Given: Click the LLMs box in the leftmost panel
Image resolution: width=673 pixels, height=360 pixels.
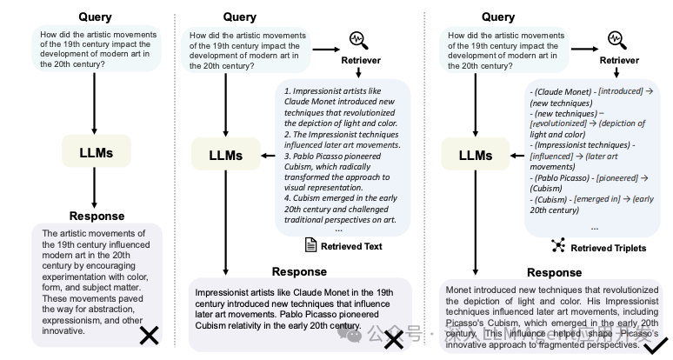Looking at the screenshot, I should pyautogui.click(x=94, y=152).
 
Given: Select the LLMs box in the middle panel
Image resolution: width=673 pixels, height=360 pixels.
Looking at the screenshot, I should pyautogui.click(x=226, y=156).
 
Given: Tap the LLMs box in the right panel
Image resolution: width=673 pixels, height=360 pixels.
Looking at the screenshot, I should pyautogui.click(x=474, y=156).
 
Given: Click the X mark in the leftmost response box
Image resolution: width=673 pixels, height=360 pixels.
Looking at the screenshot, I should pyautogui.click(x=149, y=335).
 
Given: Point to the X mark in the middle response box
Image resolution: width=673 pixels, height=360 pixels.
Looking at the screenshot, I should pyautogui.click(x=394, y=339).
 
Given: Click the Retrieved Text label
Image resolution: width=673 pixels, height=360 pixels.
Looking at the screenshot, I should pyautogui.click(x=351, y=246).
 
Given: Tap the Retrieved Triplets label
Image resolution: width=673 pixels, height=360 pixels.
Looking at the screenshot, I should pyautogui.click(x=608, y=248).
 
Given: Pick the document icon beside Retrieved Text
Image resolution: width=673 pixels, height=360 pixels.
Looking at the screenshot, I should pyautogui.click(x=310, y=245).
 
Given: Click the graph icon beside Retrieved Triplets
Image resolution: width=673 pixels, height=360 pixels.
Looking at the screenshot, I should pyautogui.click(x=558, y=247).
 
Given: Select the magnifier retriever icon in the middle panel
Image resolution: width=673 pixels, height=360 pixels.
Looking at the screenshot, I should pyautogui.click(x=357, y=40).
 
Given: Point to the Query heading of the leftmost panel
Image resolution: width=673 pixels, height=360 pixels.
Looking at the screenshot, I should pyautogui.click(x=95, y=17).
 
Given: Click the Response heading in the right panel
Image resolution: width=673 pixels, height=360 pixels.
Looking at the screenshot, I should pyautogui.click(x=554, y=272).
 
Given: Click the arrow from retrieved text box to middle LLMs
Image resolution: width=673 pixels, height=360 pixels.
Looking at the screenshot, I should pyautogui.click(x=261, y=156).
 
